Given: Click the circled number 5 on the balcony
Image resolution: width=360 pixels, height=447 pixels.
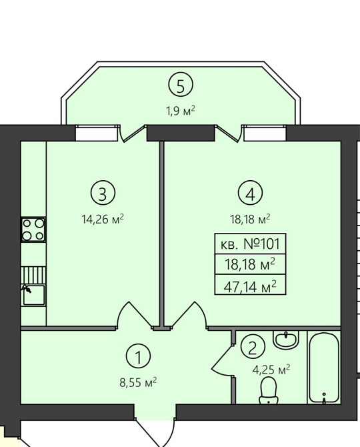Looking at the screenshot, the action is (181, 85).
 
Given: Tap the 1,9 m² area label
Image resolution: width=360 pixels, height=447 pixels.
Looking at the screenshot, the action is (181, 110).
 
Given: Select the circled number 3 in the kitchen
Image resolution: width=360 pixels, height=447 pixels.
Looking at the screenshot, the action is (103, 193).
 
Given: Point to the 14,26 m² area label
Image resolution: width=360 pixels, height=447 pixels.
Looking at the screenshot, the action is (103, 219).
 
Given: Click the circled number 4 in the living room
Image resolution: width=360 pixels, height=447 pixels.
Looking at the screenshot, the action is (251, 193).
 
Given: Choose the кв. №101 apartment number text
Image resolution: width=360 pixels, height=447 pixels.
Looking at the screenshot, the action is (251, 244).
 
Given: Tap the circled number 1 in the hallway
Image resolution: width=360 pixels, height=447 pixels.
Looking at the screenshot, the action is (139, 356).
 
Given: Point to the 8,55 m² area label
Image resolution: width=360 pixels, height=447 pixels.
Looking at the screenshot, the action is (139, 382).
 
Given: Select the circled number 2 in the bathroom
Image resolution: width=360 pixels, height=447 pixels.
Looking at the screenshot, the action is (253, 348).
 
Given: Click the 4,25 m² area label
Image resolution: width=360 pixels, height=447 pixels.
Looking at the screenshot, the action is (271, 370).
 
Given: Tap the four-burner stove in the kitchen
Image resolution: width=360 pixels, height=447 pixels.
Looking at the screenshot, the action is (33, 230).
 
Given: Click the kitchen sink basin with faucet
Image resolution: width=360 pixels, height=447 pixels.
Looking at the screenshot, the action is (33, 295).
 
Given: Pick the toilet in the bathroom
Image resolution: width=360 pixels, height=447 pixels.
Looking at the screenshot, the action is (268, 390).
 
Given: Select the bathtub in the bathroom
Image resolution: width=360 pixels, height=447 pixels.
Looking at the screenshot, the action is (324, 368).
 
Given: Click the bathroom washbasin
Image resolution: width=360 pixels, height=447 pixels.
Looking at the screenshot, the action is (285, 339).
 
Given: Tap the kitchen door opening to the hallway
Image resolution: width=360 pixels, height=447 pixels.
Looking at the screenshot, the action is (134, 315).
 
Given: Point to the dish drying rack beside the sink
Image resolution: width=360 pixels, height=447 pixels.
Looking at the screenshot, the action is (33, 275).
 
